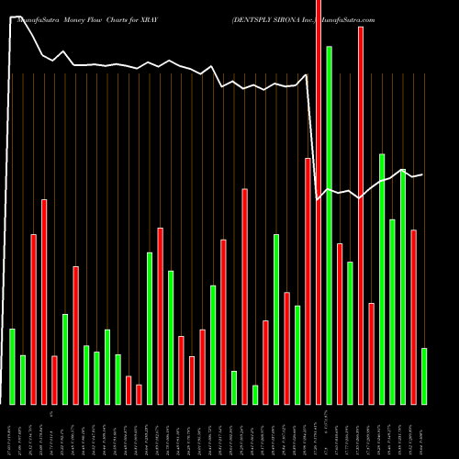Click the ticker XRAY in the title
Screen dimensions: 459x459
point(160,6)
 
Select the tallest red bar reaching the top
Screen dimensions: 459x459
point(319,202)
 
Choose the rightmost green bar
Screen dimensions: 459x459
point(424,375)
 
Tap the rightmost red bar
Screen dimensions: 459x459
point(414,317)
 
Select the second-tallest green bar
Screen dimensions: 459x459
point(382,279)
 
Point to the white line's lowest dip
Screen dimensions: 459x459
point(319,199)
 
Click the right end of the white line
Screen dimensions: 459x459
point(422,174)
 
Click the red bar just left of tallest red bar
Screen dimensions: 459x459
point(308,281)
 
